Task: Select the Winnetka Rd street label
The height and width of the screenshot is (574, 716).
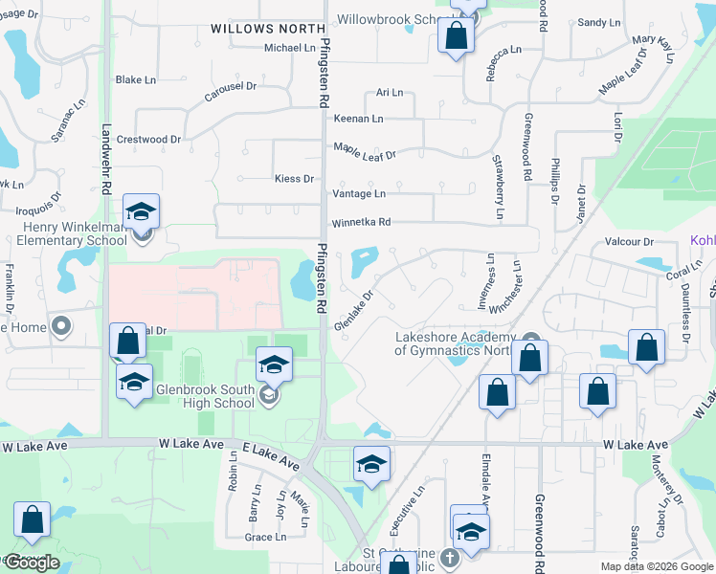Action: point(362,223)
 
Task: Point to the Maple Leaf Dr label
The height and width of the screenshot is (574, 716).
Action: point(364,150)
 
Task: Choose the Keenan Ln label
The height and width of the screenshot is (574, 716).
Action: point(358,119)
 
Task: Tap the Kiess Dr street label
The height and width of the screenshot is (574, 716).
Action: point(294,179)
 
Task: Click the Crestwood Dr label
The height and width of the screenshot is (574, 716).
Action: point(148,140)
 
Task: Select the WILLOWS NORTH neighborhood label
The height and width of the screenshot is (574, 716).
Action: point(260,30)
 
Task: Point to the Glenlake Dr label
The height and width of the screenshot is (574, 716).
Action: point(353,312)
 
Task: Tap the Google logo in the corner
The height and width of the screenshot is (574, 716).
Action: point(32,563)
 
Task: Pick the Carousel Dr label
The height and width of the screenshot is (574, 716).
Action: point(231,93)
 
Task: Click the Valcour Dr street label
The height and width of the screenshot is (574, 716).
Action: point(629,242)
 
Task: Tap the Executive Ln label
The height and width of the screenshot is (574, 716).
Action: point(406,512)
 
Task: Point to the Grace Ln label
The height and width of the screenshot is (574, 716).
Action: point(265,538)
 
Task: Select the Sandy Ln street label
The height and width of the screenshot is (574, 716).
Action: point(600,22)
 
